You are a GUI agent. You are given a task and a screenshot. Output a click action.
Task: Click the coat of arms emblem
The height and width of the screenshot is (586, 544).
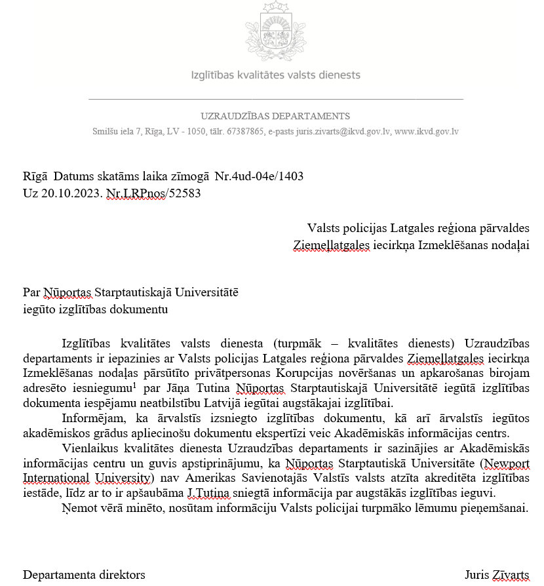[275, 32]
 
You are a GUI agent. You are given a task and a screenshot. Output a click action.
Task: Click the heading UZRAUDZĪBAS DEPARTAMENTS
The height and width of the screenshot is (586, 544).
[275, 116]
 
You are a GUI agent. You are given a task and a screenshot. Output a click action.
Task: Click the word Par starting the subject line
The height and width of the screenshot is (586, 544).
[31, 292]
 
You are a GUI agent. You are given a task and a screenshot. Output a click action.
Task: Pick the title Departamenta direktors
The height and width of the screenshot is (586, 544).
[84, 575]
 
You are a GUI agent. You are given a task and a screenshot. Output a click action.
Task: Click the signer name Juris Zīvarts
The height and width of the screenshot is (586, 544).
[496, 575]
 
